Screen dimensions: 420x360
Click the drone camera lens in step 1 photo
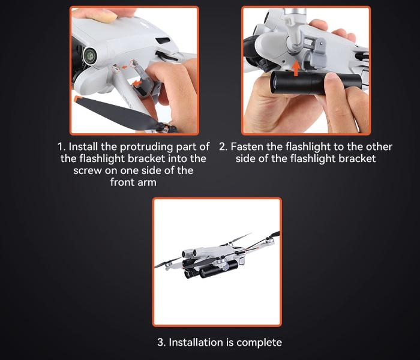[90, 56]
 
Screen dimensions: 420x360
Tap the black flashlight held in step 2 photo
[316, 83]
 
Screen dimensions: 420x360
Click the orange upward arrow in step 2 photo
[296, 68]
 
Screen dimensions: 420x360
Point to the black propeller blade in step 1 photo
[115, 113]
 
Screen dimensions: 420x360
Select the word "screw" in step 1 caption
[88, 171]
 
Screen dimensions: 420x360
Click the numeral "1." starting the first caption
[62, 147]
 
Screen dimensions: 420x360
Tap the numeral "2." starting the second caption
[223, 147]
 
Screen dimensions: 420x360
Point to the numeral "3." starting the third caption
[161, 343]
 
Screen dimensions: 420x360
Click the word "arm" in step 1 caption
[148, 182]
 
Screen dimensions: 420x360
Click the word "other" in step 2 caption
[379, 147]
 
